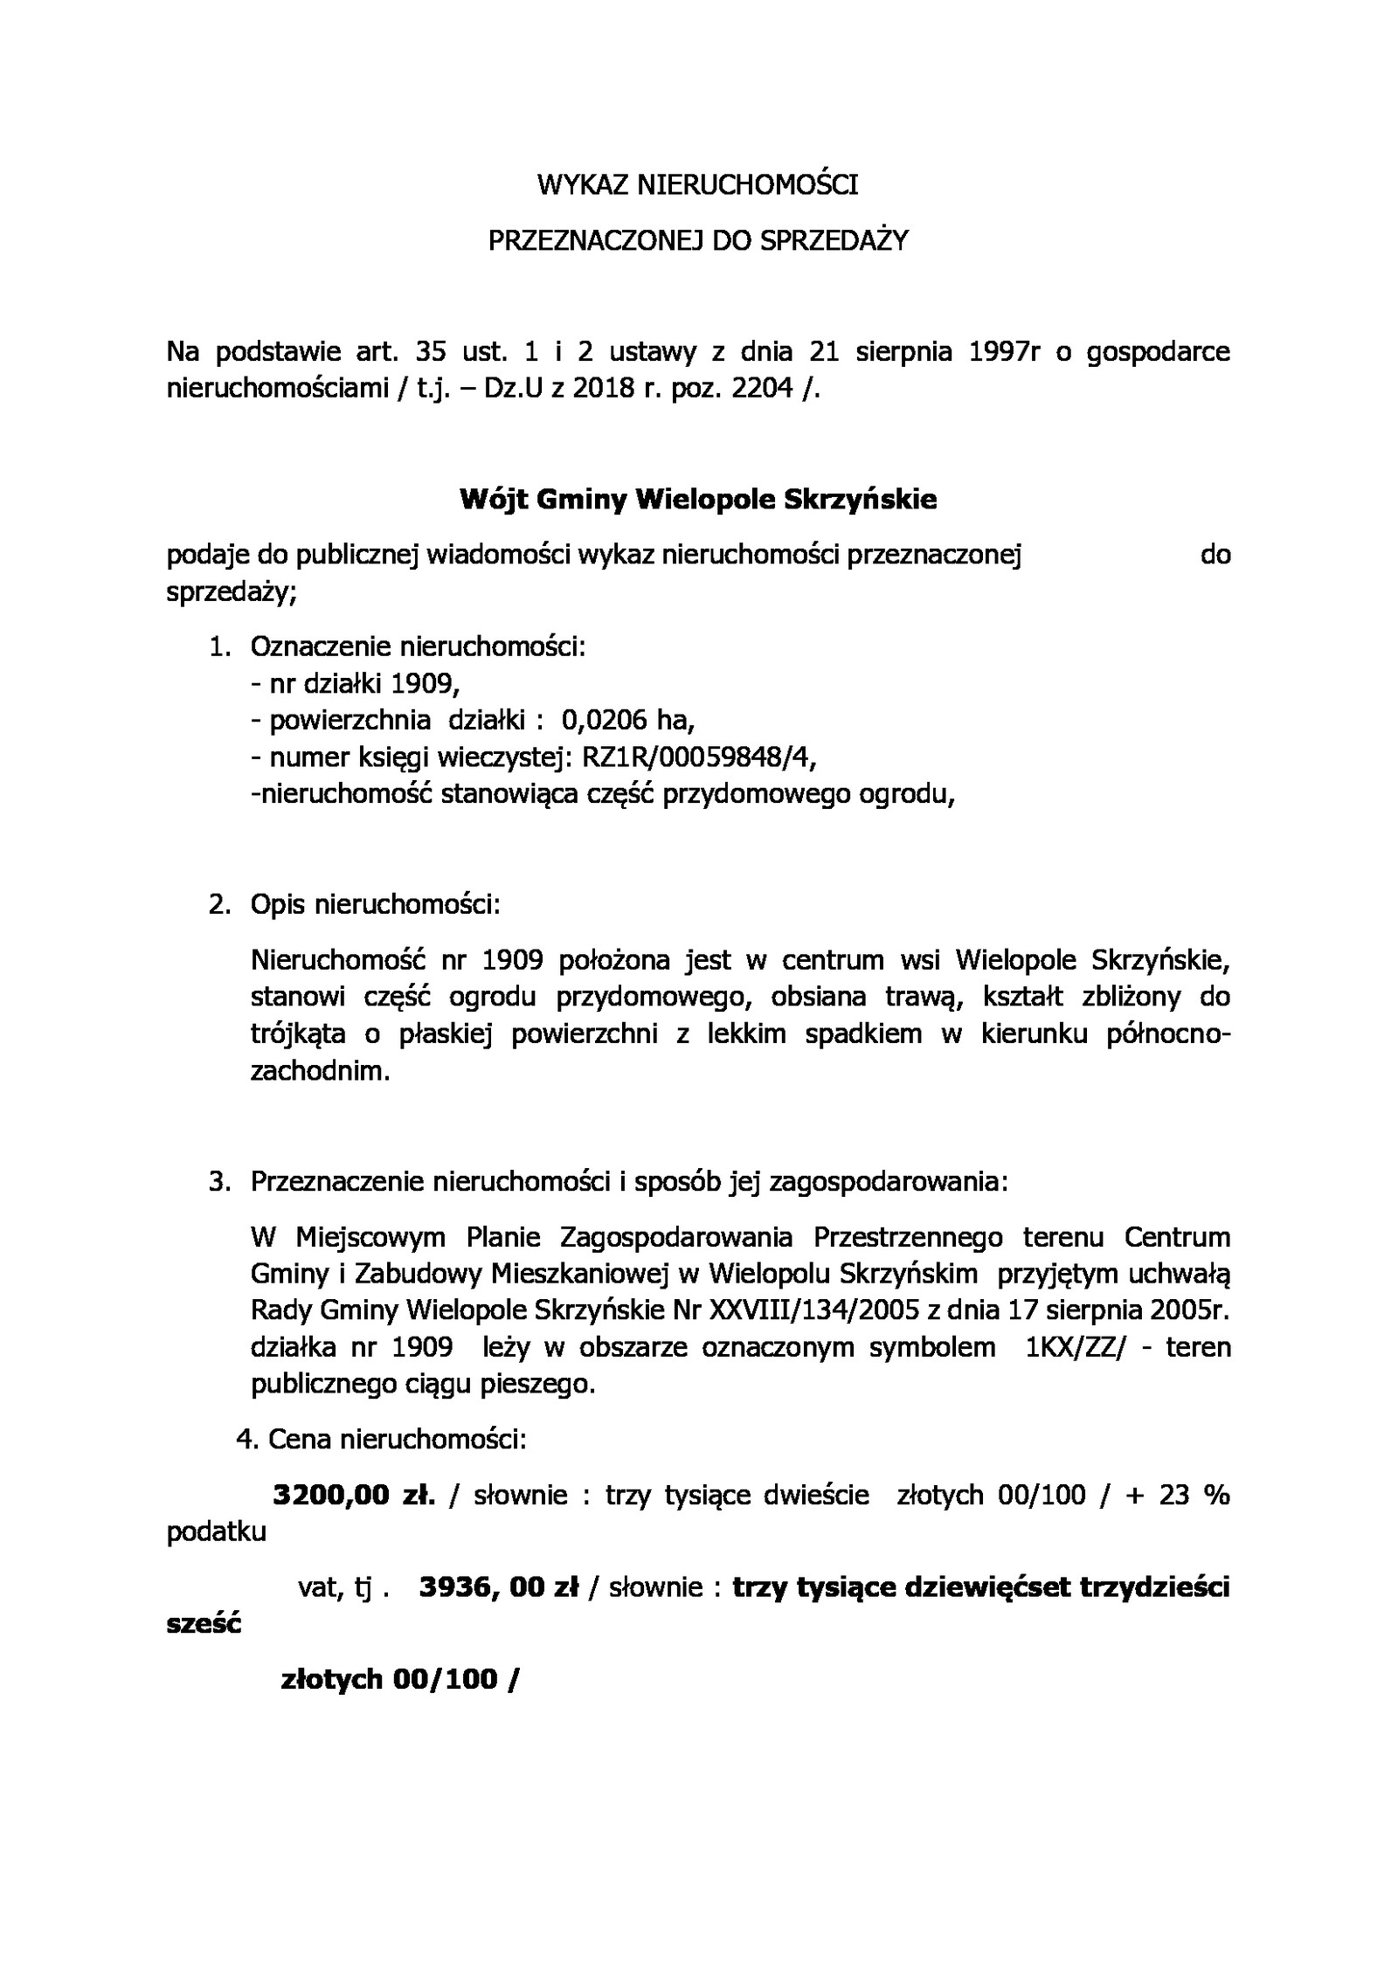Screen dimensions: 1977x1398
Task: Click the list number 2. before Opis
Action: [219, 904]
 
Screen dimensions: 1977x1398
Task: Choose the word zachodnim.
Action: [320, 1071]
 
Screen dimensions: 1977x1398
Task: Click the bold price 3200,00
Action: [331, 1495]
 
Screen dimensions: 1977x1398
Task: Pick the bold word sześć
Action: [203, 1623]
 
